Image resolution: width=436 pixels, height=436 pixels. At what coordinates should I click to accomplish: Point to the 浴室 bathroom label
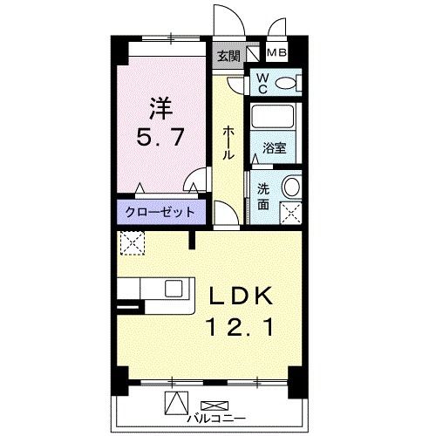tap(274, 149)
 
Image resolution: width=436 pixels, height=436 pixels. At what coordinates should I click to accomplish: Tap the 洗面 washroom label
tap(262, 197)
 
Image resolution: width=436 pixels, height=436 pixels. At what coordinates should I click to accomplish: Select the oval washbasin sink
tap(292, 187)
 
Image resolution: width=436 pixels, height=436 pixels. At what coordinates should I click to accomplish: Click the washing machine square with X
tap(290, 211)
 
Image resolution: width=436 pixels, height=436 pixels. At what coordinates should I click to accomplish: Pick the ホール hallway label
tap(228, 142)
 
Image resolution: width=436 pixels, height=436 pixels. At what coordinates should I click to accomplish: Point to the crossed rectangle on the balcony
tap(215, 405)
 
